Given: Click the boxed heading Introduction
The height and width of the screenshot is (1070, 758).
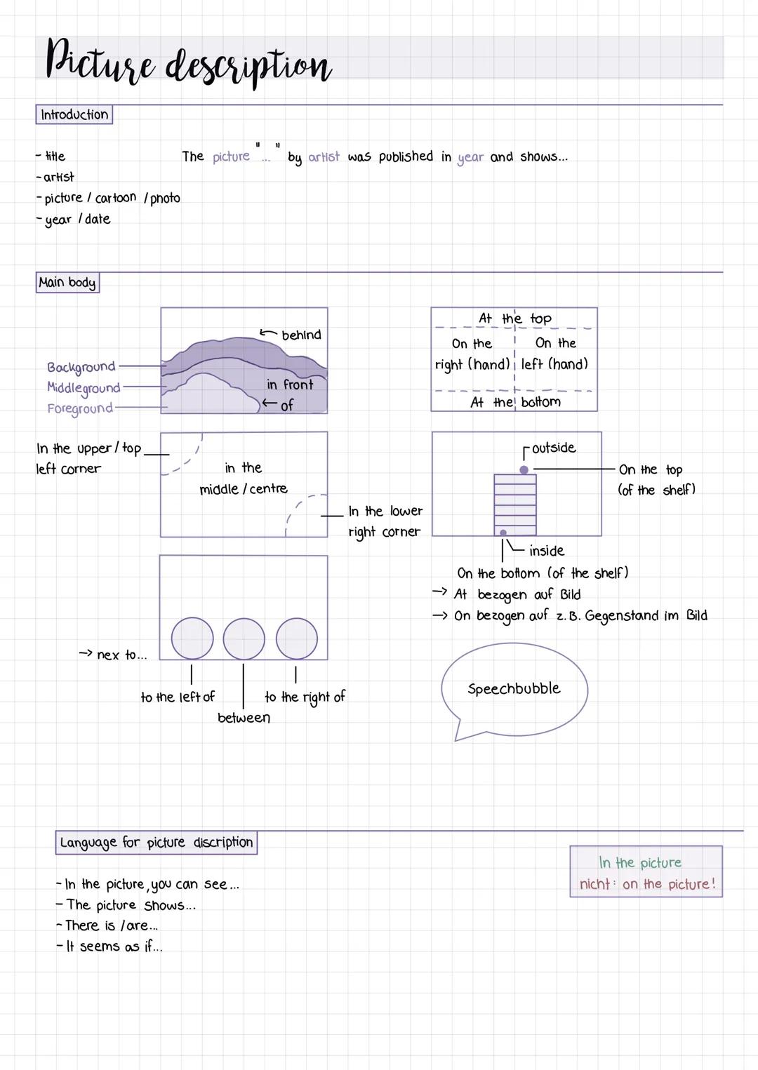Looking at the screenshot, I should pyautogui.click(x=74, y=114).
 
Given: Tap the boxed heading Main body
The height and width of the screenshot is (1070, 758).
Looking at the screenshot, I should pyautogui.click(x=67, y=282).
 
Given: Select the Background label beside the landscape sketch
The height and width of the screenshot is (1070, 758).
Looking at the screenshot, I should pyautogui.click(x=81, y=366).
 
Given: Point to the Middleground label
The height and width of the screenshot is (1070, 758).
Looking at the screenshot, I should pyautogui.click(x=84, y=387).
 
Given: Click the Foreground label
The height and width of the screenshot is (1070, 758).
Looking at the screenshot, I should pyautogui.click(x=79, y=408).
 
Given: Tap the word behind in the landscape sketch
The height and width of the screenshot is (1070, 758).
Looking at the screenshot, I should pyautogui.click(x=301, y=335).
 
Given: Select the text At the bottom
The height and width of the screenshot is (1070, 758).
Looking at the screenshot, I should pyautogui.click(x=515, y=402).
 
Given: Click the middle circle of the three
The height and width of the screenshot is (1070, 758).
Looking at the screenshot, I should pyautogui.click(x=244, y=638).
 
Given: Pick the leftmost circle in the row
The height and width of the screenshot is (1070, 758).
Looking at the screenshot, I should pyautogui.click(x=192, y=638).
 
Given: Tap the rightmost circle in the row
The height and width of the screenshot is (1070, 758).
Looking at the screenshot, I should pyautogui.click(x=296, y=638).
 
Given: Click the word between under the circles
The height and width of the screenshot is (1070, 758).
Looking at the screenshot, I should pyautogui.click(x=244, y=717).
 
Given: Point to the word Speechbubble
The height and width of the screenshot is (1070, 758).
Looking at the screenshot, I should pyautogui.click(x=514, y=688).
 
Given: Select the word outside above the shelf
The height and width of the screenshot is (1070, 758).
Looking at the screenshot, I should pyautogui.click(x=554, y=448).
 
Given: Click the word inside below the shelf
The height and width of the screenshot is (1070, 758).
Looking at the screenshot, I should pyautogui.click(x=547, y=551).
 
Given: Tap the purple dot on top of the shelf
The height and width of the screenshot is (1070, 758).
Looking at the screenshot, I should pyautogui.click(x=524, y=469).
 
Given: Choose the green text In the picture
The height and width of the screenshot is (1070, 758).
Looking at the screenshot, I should pyautogui.click(x=639, y=862).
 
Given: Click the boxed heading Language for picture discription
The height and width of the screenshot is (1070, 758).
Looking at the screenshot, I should pyautogui.click(x=156, y=842).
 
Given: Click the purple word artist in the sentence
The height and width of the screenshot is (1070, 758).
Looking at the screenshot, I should pyautogui.click(x=324, y=156).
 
